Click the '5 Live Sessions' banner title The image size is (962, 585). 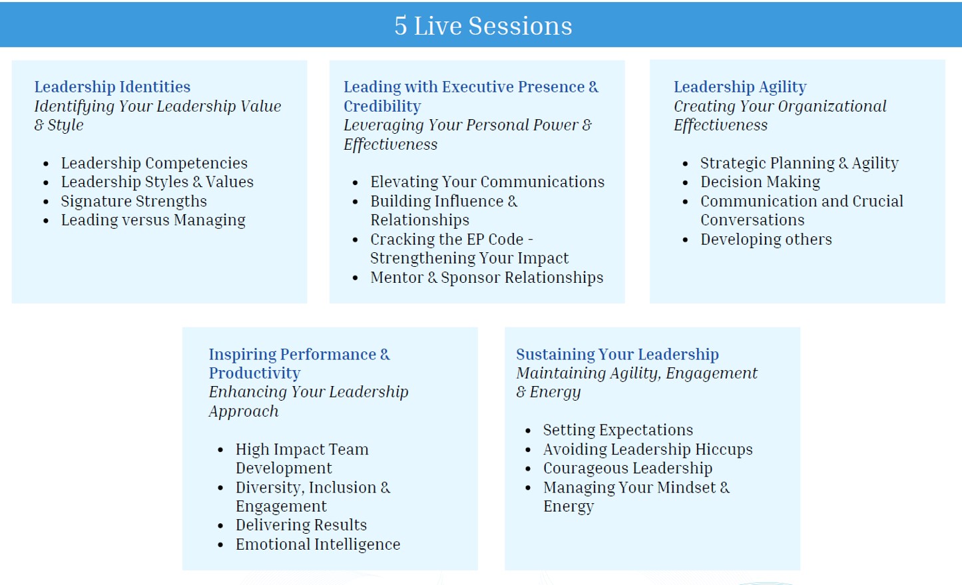click(x=483, y=26)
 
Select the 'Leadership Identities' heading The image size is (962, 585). click(x=112, y=87)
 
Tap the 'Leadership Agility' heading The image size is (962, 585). click(x=740, y=87)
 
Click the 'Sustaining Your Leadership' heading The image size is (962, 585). click(x=617, y=354)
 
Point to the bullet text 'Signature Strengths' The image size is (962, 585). click(x=134, y=201)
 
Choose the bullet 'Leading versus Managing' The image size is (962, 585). click(x=153, y=220)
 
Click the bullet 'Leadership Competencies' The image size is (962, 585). click(x=154, y=163)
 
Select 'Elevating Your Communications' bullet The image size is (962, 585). click(x=487, y=182)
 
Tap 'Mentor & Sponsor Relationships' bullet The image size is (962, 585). click(x=487, y=278)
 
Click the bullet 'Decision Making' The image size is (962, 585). click(x=760, y=182)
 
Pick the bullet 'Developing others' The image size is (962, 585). click(x=766, y=240)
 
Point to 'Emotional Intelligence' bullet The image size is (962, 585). click(x=318, y=544)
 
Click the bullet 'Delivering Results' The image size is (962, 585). click(x=301, y=525)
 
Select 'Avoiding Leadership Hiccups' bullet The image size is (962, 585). click(x=648, y=449)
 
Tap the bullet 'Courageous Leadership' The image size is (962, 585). click(x=627, y=469)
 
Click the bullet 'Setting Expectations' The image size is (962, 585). click(x=618, y=430)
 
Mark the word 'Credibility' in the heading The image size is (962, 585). click(x=382, y=106)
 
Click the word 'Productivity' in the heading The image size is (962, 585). click(x=254, y=373)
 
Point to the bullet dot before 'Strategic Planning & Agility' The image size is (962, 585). click(x=685, y=164)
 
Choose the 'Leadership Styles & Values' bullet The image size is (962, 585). click(x=157, y=182)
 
